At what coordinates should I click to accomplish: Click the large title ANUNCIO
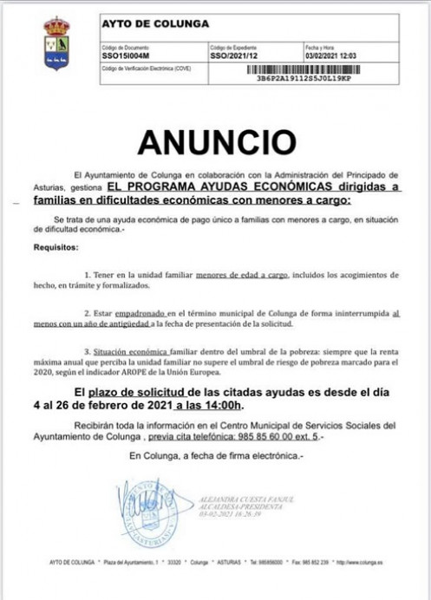point(216,140)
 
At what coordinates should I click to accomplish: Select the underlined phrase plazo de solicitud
point(134,392)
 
